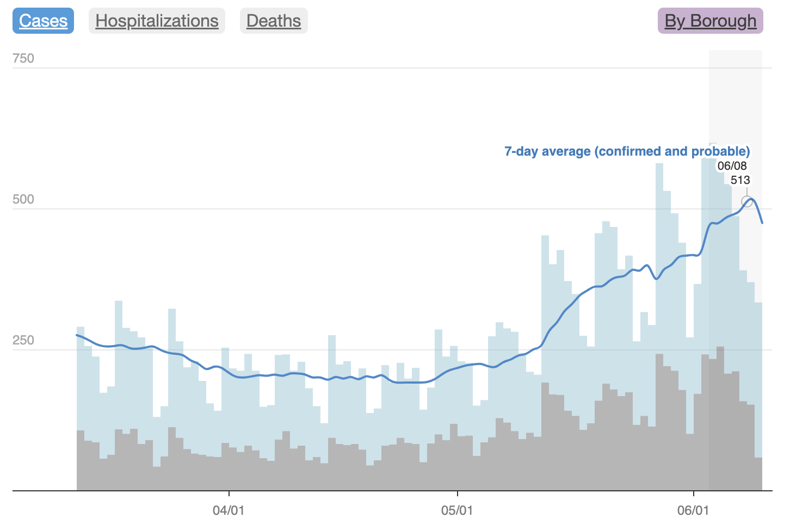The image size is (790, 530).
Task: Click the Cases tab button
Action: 44,21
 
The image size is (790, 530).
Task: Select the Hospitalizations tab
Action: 157,21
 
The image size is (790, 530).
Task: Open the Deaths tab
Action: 274,21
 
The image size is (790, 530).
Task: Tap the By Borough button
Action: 710,21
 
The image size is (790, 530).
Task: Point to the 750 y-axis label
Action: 23,58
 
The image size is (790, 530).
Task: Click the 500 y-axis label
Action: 23,199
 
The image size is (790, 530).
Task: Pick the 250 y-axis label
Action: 23,340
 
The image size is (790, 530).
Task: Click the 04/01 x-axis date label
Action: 229,510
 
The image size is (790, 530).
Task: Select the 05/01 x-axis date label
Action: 457,510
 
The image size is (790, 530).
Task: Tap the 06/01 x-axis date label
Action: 693,510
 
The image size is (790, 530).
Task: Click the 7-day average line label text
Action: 627,151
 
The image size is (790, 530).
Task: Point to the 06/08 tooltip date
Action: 732,166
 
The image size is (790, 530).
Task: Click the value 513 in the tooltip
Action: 740,180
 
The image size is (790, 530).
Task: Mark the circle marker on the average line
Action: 747,202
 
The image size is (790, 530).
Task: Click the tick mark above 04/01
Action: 229,494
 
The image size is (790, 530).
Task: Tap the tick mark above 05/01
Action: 458,494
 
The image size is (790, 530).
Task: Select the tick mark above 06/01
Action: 694,494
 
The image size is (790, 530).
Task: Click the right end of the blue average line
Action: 762,223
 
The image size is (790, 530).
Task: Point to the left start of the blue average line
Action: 77,335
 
